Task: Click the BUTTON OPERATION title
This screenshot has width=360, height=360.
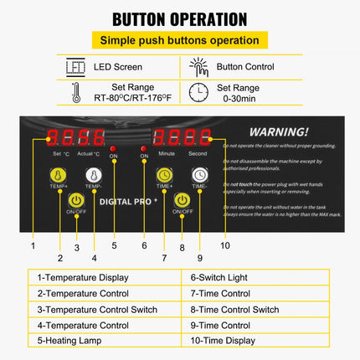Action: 179,18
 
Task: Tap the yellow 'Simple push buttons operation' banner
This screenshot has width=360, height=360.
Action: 179,40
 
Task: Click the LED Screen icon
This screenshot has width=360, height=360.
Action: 75,67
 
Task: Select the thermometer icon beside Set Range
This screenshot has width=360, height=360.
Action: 75,92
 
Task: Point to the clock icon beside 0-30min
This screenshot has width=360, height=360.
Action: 198,92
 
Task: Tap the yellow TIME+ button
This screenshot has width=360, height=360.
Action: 165,174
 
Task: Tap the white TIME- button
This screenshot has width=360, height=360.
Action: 199,174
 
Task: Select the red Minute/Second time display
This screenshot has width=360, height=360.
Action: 182,138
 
